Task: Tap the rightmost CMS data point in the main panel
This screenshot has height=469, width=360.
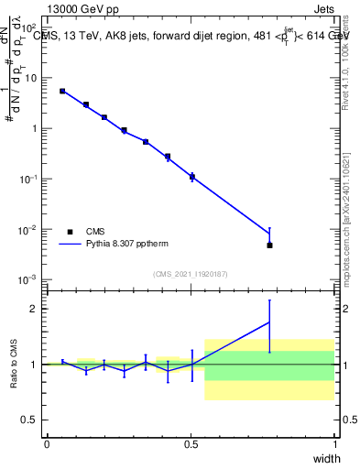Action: click(269, 245)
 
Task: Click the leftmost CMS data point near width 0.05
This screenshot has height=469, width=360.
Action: click(62, 91)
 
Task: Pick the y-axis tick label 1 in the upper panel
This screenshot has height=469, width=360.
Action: click(36, 128)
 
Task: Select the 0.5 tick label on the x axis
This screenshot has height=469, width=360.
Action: click(191, 444)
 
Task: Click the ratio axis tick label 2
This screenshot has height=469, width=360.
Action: click(36, 309)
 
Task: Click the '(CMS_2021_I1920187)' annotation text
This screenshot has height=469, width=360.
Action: click(191, 274)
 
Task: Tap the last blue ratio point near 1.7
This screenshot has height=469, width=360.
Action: click(269, 322)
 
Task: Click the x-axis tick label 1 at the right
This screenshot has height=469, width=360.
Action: click(335, 444)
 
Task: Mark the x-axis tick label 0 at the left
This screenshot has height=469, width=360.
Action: click(47, 444)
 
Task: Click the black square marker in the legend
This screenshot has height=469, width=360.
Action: click(70, 232)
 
